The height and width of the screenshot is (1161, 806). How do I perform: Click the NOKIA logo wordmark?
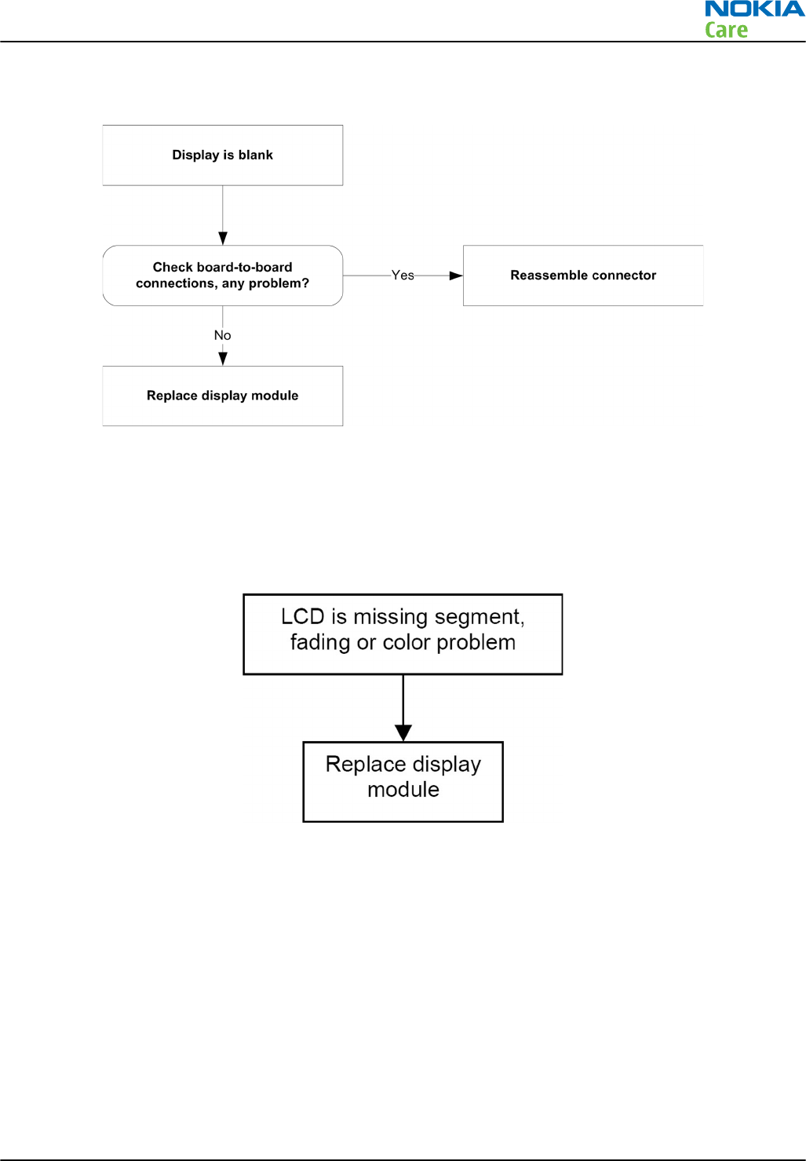pos(755,9)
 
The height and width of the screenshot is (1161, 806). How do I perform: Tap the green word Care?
pos(726,30)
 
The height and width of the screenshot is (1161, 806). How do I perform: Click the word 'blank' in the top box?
pos(256,155)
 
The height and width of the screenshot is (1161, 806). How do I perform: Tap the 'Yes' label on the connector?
pos(403,276)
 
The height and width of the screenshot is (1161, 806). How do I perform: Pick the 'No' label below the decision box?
pos(222,335)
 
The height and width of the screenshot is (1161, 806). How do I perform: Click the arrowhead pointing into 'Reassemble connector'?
pos(456,276)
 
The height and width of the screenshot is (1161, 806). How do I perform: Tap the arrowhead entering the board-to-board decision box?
pos(223,239)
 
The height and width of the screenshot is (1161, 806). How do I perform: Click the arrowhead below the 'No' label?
pos(223,359)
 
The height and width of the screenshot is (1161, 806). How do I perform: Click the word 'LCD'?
pos(303,617)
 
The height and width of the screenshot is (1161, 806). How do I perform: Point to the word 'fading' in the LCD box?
pos(320,643)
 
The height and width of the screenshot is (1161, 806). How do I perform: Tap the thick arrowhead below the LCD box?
pos(403,733)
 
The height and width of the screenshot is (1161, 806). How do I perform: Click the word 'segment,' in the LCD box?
pos(480,618)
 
